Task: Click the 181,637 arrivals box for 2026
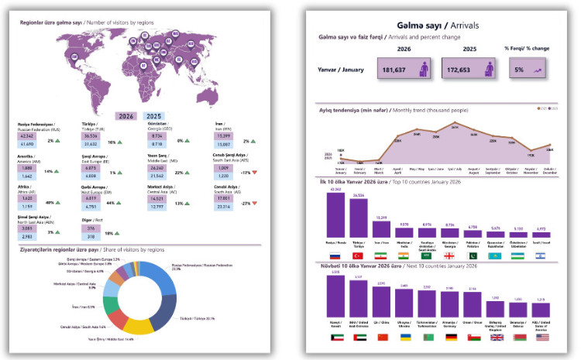coord(407,70)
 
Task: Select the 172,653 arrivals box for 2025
coord(472,70)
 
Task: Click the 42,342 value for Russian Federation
coord(27,135)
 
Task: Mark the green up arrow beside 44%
coord(122,203)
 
